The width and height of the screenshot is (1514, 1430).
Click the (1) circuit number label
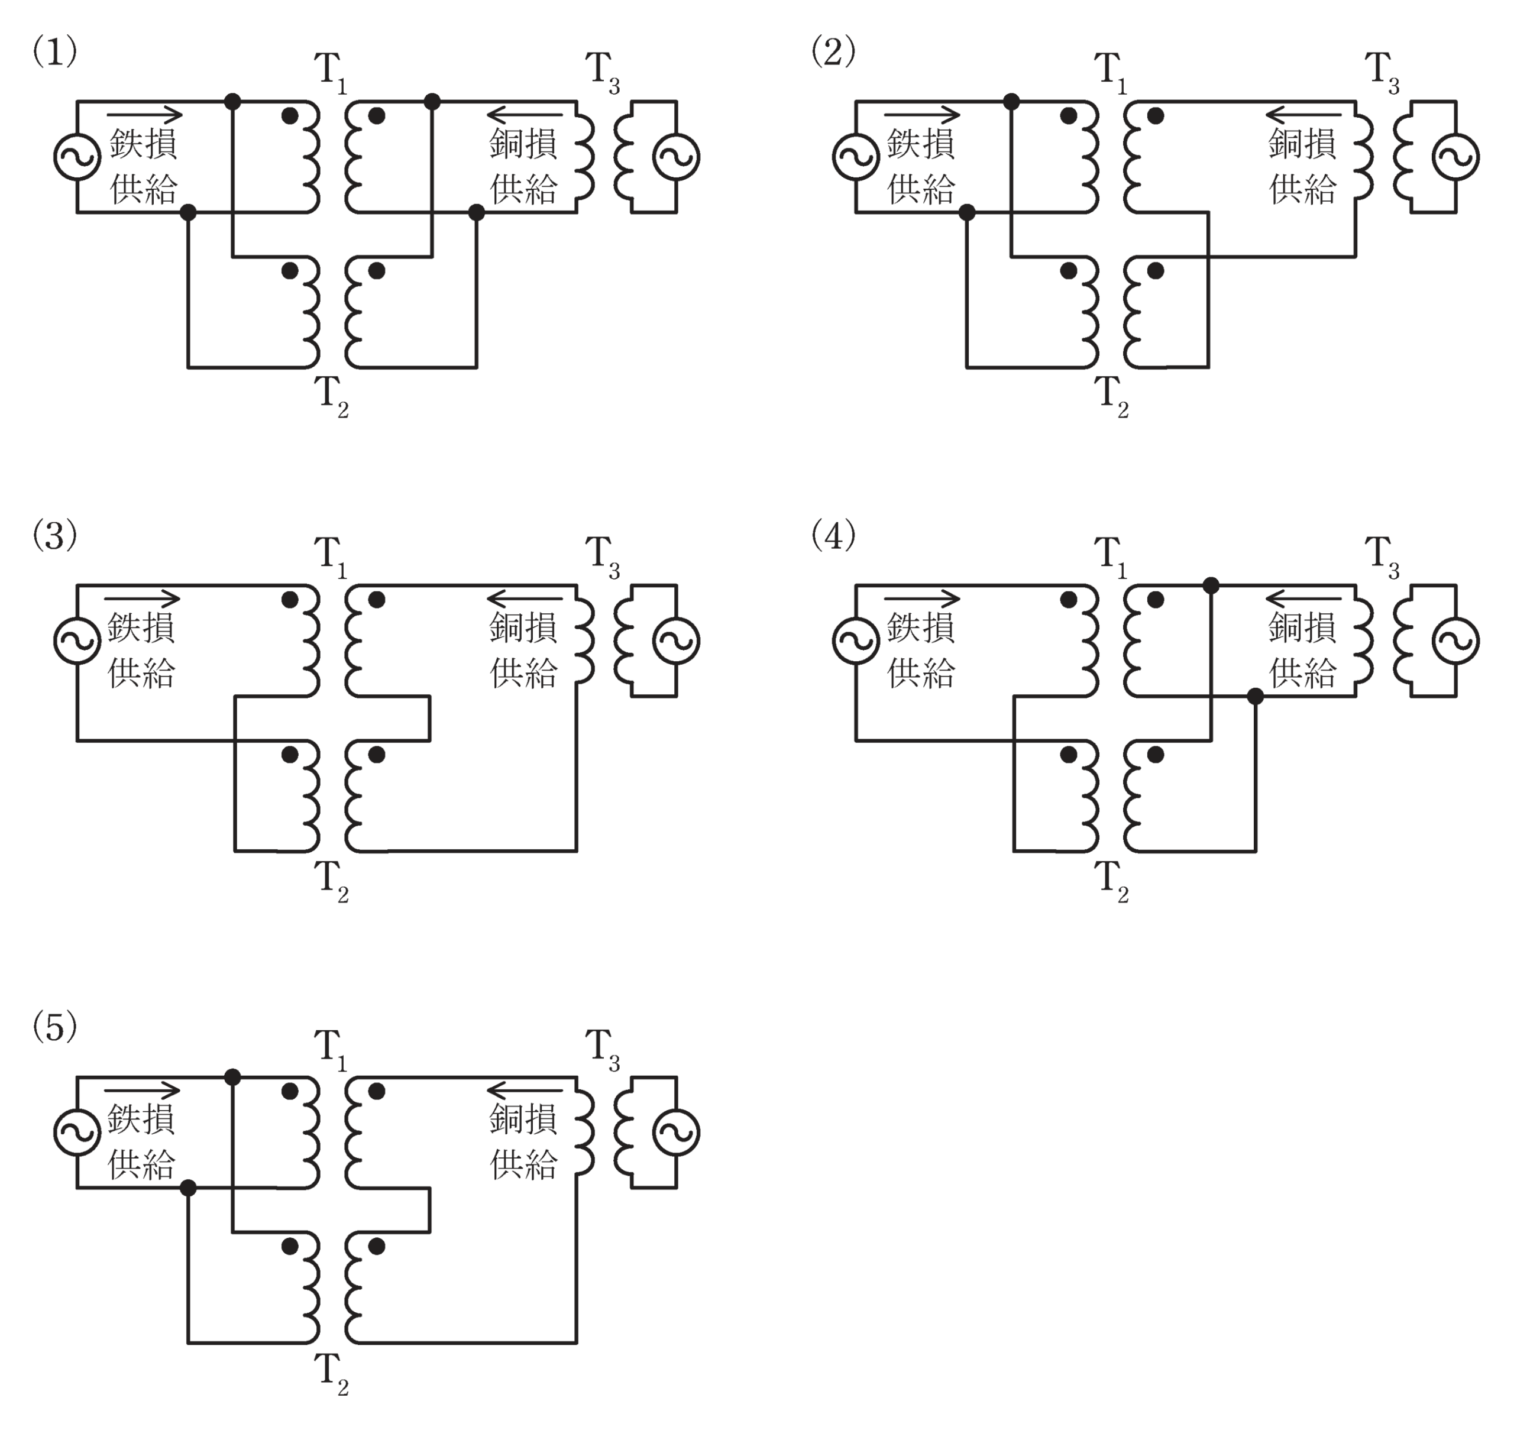(x=54, y=53)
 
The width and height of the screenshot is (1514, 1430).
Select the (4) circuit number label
(x=833, y=536)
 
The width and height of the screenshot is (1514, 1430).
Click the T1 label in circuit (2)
(x=1110, y=73)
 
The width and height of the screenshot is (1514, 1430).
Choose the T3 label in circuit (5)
(x=602, y=1051)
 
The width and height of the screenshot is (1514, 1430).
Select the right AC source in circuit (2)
(x=1455, y=157)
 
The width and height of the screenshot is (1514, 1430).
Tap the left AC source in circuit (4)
(x=856, y=640)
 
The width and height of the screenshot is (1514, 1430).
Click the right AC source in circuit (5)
(x=676, y=1132)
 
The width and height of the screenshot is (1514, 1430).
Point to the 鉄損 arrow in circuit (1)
(x=145, y=115)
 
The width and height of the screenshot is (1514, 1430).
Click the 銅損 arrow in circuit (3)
(x=525, y=598)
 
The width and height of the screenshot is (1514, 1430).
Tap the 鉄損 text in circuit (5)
(x=143, y=1118)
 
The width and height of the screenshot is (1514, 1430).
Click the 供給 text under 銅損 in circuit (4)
(x=1303, y=673)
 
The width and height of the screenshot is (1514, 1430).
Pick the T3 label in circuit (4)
(x=1382, y=559)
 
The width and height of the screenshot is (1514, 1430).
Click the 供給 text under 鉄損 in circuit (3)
(x=143, y=673)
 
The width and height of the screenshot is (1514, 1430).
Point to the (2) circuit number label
(x=833, y=53)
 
